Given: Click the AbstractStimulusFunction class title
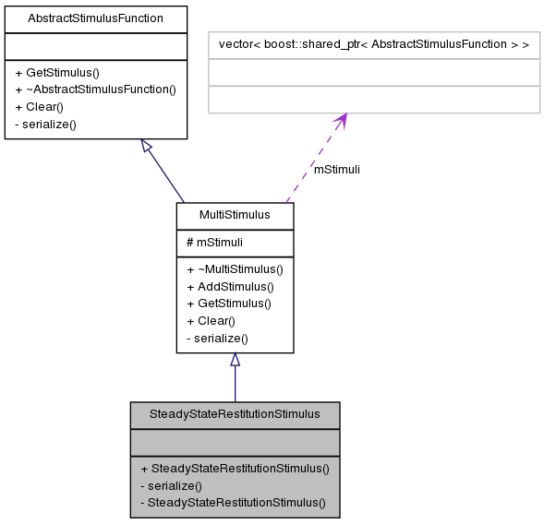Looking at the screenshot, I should pos(96,18).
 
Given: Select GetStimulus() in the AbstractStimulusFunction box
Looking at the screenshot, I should pos(57,72).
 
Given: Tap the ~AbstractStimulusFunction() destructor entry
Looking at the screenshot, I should pos(95,89).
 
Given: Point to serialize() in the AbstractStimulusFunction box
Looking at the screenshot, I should pos(45,124).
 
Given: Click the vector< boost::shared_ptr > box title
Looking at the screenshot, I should pos(373,43).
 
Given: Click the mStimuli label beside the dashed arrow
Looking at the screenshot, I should pos(337,169).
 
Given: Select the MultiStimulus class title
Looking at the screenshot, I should pos(235,215).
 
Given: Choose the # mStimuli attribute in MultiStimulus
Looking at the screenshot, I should pos(214,242).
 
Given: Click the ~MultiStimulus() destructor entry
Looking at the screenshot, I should pos(235,269).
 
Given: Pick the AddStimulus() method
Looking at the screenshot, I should pos(230,286).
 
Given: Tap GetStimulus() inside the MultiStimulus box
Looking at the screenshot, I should pos(229,304).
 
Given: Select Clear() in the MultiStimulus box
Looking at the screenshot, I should pos(211,321).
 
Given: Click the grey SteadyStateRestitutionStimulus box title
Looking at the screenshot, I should pos(235,413).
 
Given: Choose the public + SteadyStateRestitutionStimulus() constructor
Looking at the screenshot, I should pos(235,468).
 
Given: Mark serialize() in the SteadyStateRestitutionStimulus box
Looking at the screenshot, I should pos(171,485).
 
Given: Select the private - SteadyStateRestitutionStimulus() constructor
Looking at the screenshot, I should pos(233,503).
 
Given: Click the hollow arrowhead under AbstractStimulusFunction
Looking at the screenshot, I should pos(146,145).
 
